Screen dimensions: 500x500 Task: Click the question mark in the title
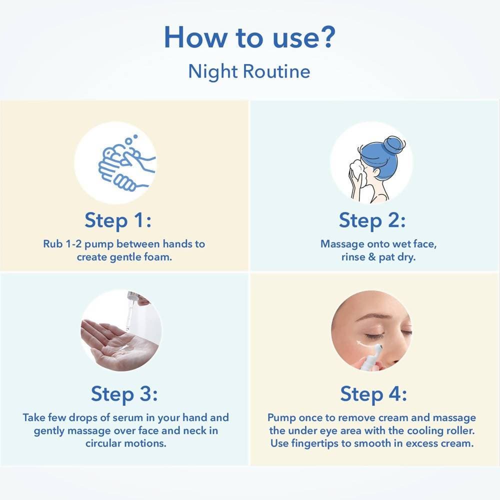click(x=326, y=37)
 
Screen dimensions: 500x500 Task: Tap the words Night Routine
click(x=249, y=71)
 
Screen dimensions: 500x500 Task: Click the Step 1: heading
click(x=118, y=220)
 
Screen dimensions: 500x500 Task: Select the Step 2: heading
click(x=372, y=220)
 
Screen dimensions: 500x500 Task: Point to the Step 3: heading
click(x=124, y=394)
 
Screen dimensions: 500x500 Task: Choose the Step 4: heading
click(x=373, y=394)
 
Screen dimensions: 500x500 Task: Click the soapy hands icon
click(x=127, y=162)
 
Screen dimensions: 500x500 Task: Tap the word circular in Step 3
click(x=102, y=443)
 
